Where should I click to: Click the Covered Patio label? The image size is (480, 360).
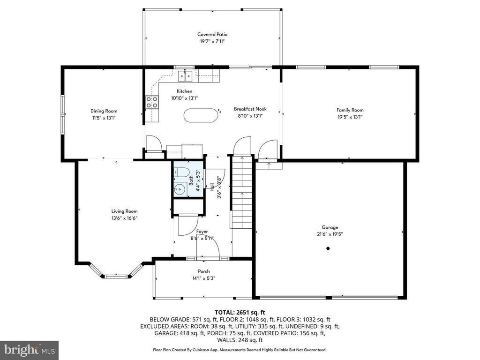pyautogui.click(x=212, y=34)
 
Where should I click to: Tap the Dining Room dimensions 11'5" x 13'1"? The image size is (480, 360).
pyautogui.click(x=104, y=118)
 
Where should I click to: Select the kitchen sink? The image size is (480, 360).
pyautogui.click(x=185, y=75)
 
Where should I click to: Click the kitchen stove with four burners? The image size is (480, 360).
pyautogui.click(x=152, y=102)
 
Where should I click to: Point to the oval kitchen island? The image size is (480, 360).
pyautogui.click(x=201, y=115)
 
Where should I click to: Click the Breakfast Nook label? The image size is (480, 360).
pyautogui.click(x=250, y=109)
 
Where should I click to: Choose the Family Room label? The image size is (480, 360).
pyautogui.click(x=350, y=110)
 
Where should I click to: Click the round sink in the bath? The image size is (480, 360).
pyautogui.click(x=180, y=189)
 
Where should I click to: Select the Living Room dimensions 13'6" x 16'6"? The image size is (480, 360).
pyautogui.click(x=124, y=218)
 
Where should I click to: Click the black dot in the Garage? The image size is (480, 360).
pyautogui.click(x=328, y=248)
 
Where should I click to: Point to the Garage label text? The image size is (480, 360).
pyautogui.click(x=330, y=227)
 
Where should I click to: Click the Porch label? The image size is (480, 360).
pyautogui.click(x=203, y=271)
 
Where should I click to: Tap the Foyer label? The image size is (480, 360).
pyautogui.click(x=202, y=232)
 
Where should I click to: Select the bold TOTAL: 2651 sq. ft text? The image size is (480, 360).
pyautogui.click(x=240, y=313)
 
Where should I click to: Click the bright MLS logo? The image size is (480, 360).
pyautogui.click(x=30, y=349)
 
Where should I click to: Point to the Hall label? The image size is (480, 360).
pyautogui.click(x=212, y=187)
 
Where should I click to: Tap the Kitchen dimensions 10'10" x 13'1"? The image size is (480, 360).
pyautogui.click(x=184, y=98)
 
